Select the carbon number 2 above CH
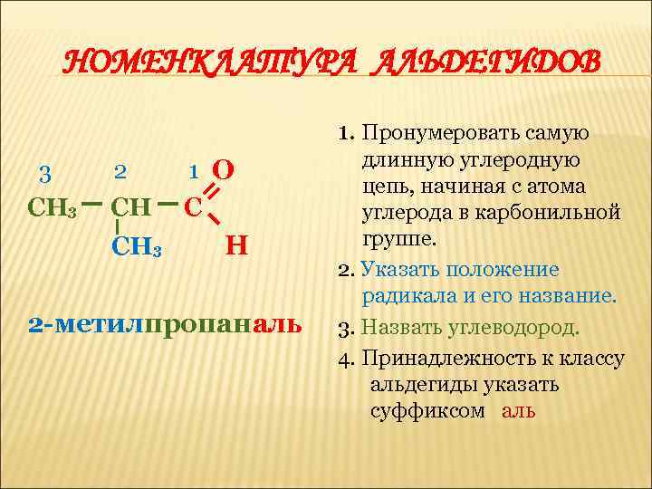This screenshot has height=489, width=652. coord(120,170)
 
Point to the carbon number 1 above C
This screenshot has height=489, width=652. coord(193,171)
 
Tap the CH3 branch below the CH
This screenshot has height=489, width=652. coord(137,245)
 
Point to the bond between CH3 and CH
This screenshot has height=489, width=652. coord(91,205)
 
